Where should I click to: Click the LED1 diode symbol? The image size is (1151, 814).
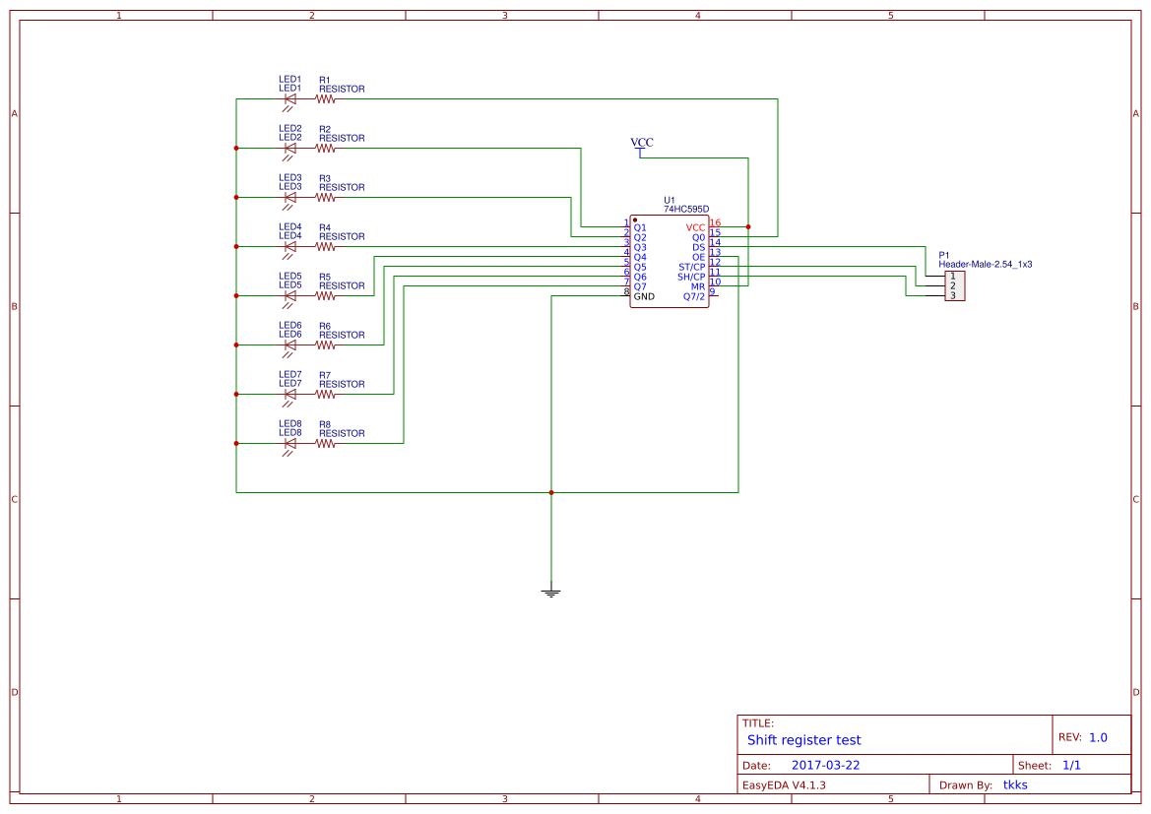click(289, 98)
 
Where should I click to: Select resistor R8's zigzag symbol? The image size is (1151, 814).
click(326, 443)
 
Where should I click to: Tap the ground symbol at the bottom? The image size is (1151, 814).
click(551, 593)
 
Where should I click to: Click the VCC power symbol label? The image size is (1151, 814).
click(641, 143)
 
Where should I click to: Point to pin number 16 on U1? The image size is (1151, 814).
click(715, 223)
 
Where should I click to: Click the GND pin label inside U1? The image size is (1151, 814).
click(644, 296)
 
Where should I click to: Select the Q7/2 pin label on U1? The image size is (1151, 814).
click(694, 296)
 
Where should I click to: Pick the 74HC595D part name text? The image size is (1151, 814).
click(685, 209)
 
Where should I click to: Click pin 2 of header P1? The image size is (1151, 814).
click(953, 285)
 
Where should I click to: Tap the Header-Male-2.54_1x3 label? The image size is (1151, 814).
click(985, 264)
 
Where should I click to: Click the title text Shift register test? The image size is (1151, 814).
click(803, 740)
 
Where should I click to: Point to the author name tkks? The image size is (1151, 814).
click(1015, 784)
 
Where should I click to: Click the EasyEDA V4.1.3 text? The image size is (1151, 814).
click(784, 784)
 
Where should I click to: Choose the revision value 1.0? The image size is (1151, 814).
click(1098, 737)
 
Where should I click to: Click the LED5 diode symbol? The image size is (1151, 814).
click(289, 295)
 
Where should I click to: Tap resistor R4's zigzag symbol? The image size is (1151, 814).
click(326, 246)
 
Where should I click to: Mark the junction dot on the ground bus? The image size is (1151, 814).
click(551, 492)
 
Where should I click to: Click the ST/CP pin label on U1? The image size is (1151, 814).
click(691, 267)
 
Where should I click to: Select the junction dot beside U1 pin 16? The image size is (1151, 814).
click(748, 227)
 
